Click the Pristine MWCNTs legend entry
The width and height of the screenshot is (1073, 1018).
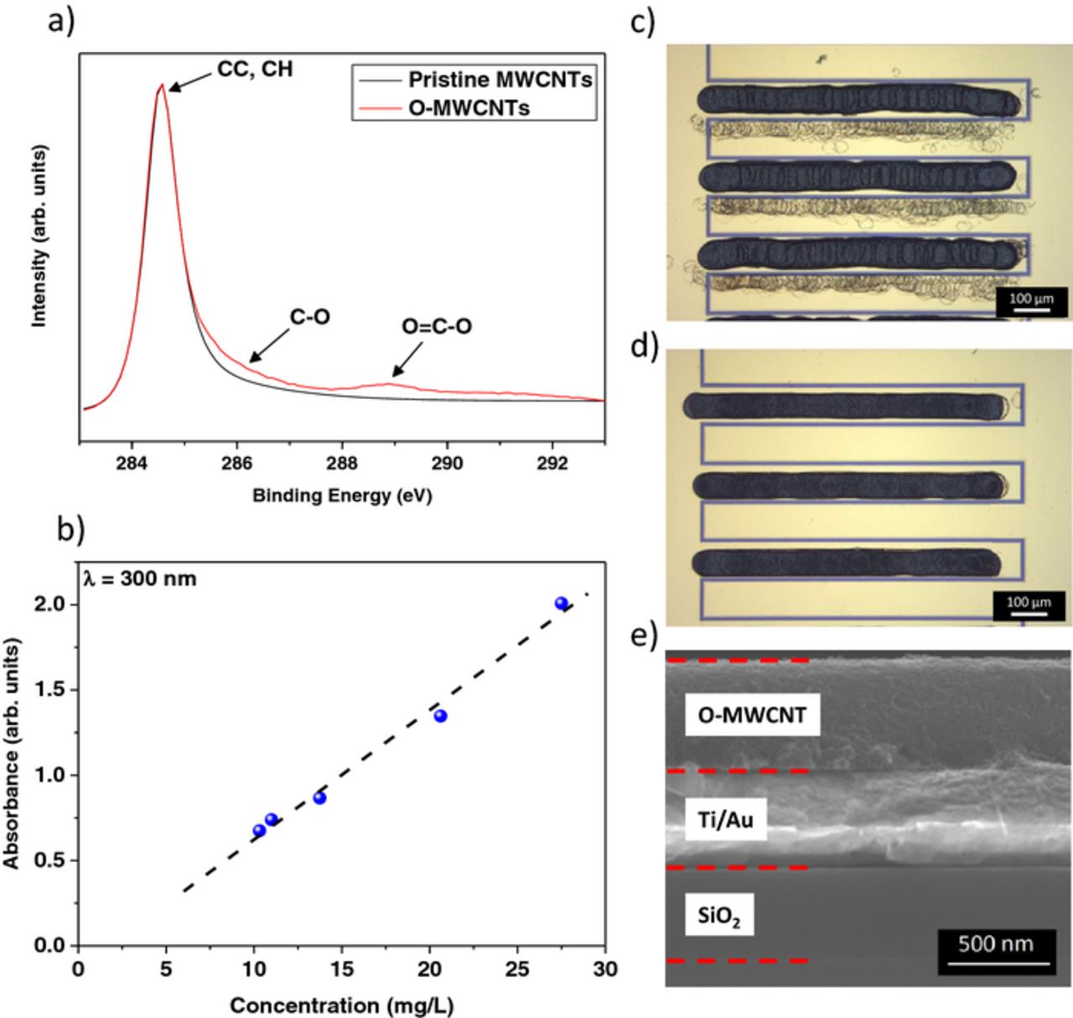[x=500, y=81]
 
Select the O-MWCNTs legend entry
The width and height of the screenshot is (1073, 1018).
[x=469, y=107]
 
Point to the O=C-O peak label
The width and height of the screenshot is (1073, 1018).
[x=436, y=326]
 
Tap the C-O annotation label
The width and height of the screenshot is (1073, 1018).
[x=310, y=317]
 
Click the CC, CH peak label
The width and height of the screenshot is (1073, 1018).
[x=255, y=69]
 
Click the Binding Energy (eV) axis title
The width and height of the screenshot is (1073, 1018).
[x=342, y=496]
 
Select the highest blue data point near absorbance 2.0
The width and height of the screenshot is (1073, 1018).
[x=562, y=603]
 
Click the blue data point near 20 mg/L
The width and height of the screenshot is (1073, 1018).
[x=440, y=715]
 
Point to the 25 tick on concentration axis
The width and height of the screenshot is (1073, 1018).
[x=517, y=969]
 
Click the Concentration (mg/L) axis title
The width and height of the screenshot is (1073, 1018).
[x=341, y=1005]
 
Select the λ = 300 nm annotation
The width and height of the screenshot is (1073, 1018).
[x=139, y=579]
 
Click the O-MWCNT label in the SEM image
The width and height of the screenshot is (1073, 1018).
[x=752, y=715]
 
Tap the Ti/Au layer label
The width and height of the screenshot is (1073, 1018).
[x=725, y=819]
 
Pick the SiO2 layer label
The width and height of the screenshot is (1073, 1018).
[x=719, y=915]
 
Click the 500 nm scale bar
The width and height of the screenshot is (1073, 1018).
[x=995, y=951]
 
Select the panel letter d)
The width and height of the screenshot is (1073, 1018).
[x=643, y=345]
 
